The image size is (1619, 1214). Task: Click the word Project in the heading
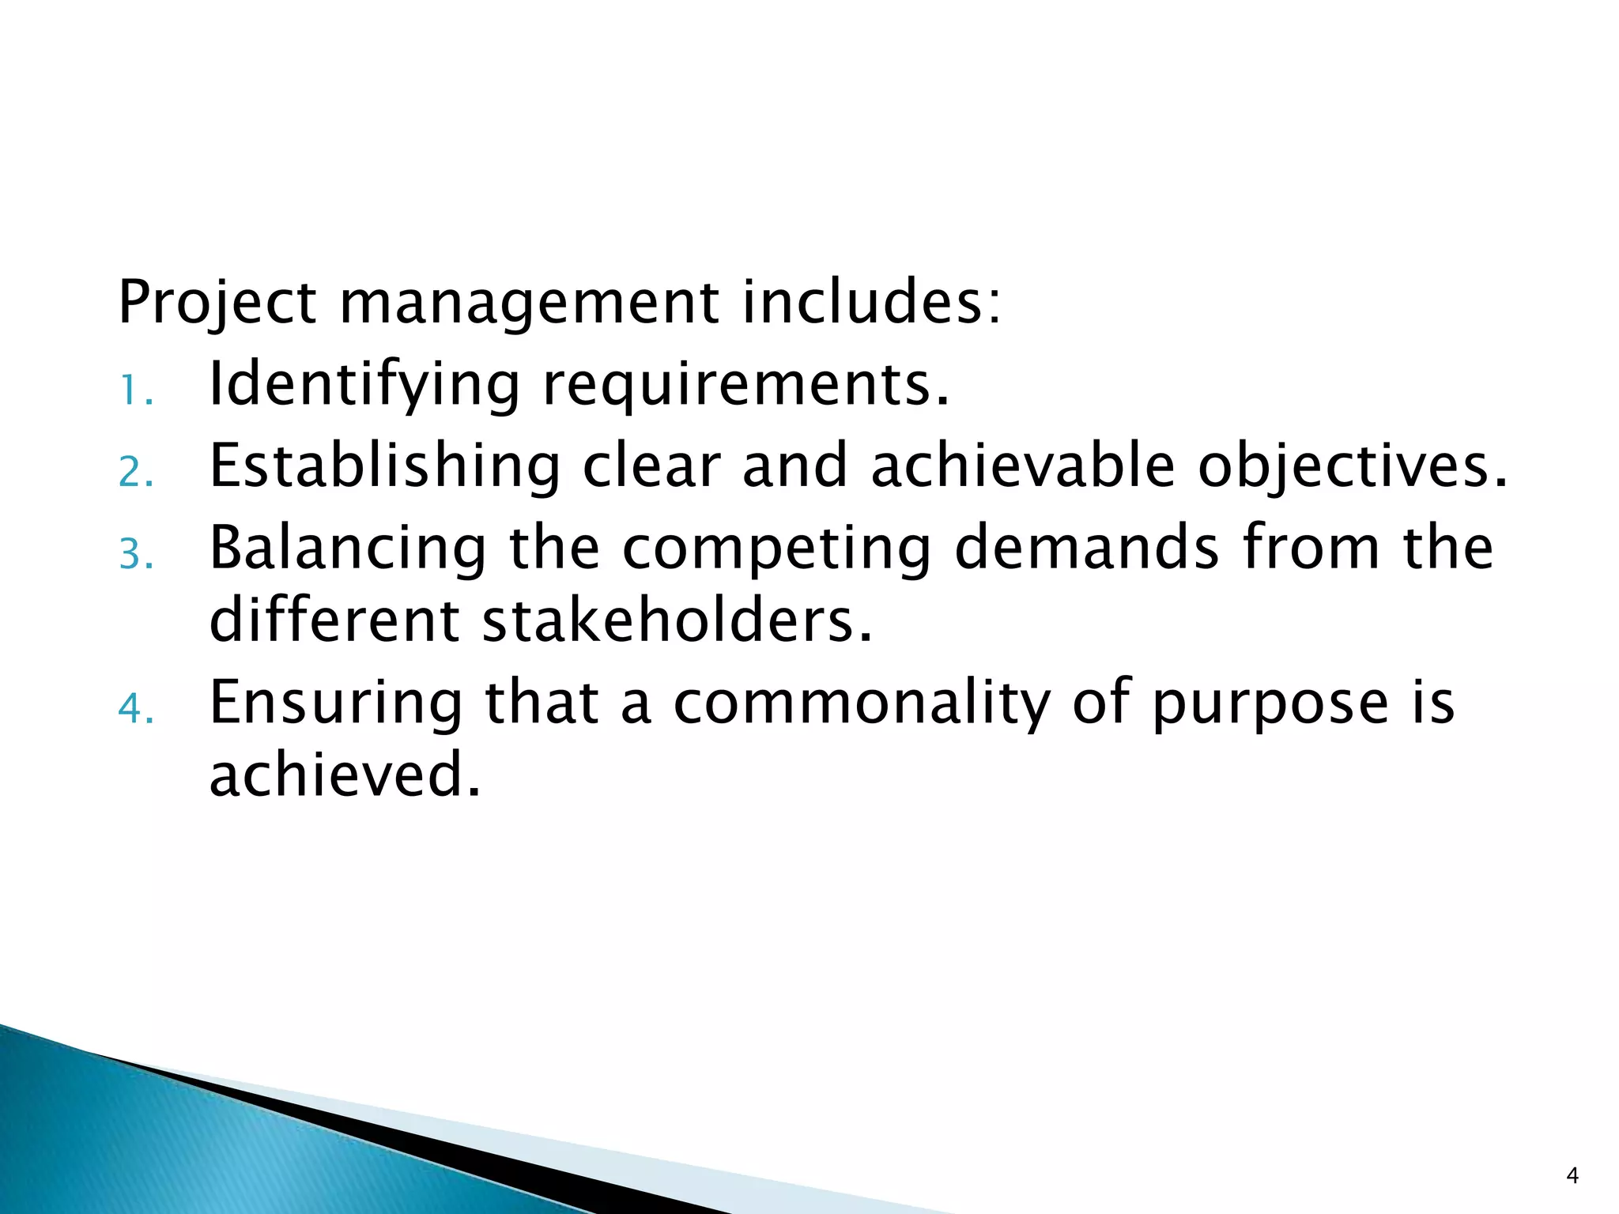(x=217, y=303)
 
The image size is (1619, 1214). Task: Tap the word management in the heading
(x=529, y=303)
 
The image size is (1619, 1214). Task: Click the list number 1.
(x=135, y=391)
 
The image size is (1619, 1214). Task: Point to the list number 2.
(x=135, y=473)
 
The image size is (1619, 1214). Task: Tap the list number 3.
(x=135, y=555)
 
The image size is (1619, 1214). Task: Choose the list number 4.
(x=135, y=709)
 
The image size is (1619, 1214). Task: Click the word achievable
(x=1023, y=466)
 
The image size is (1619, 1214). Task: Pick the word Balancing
(x=348, y=549)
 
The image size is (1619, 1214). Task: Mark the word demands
(x=1087, y=549)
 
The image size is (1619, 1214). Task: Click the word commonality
(x=862, y=703)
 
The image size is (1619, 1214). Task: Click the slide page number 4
(x=1572, y=1177)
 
